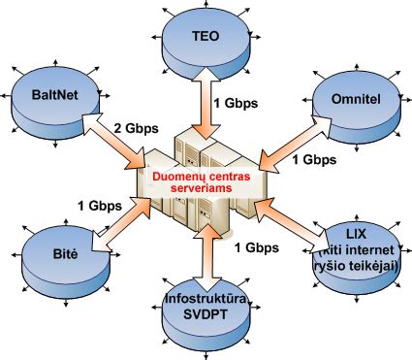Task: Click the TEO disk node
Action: tap(206, 39)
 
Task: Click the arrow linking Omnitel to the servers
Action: tap(291, 140)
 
